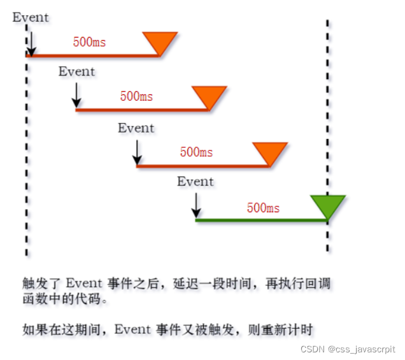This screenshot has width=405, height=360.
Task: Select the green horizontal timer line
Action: [255, 220]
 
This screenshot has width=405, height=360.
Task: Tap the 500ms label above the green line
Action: [263, 208]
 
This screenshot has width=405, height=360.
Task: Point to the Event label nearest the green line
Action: [195, 182]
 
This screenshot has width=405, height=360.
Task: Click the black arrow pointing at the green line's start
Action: [196, 205]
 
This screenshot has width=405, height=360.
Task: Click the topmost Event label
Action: [31, 17]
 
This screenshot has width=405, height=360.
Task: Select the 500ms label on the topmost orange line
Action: [90, 43]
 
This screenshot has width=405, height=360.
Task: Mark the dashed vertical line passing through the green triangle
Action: [328, 127]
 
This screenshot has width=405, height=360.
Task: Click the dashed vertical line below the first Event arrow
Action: [26, 159]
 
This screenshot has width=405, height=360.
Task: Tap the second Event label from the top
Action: [76, 71]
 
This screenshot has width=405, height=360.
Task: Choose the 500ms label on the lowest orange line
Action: [197, 152]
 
